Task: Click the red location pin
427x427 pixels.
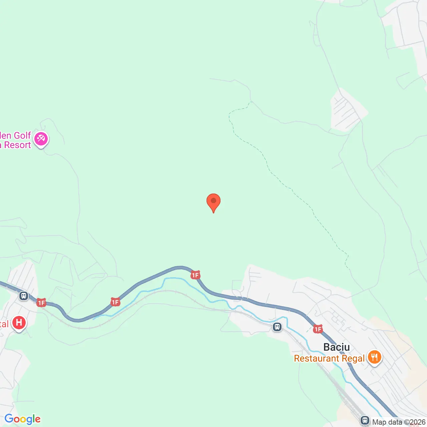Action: tap(213, 202)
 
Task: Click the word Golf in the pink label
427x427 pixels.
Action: tap(22, 135)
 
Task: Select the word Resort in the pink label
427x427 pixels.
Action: tap(18, 145)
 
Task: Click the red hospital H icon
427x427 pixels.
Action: tap(19, 323)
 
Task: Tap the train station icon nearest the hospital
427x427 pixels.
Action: tap(24, 296)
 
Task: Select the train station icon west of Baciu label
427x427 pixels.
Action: tap(277, 327)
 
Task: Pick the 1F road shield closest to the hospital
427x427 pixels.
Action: tap(41, 303)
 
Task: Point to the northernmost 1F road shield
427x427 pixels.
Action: tap(195, 275)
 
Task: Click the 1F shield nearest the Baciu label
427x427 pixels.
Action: tap(318, 329)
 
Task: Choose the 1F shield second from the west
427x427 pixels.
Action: tap(115, 302)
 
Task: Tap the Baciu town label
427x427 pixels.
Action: tap(337, 347)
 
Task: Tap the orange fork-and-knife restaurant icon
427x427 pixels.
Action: tap(375, 357)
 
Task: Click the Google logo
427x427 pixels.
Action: tap(23, 419)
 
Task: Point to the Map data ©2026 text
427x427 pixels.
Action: tap(399, 422)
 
